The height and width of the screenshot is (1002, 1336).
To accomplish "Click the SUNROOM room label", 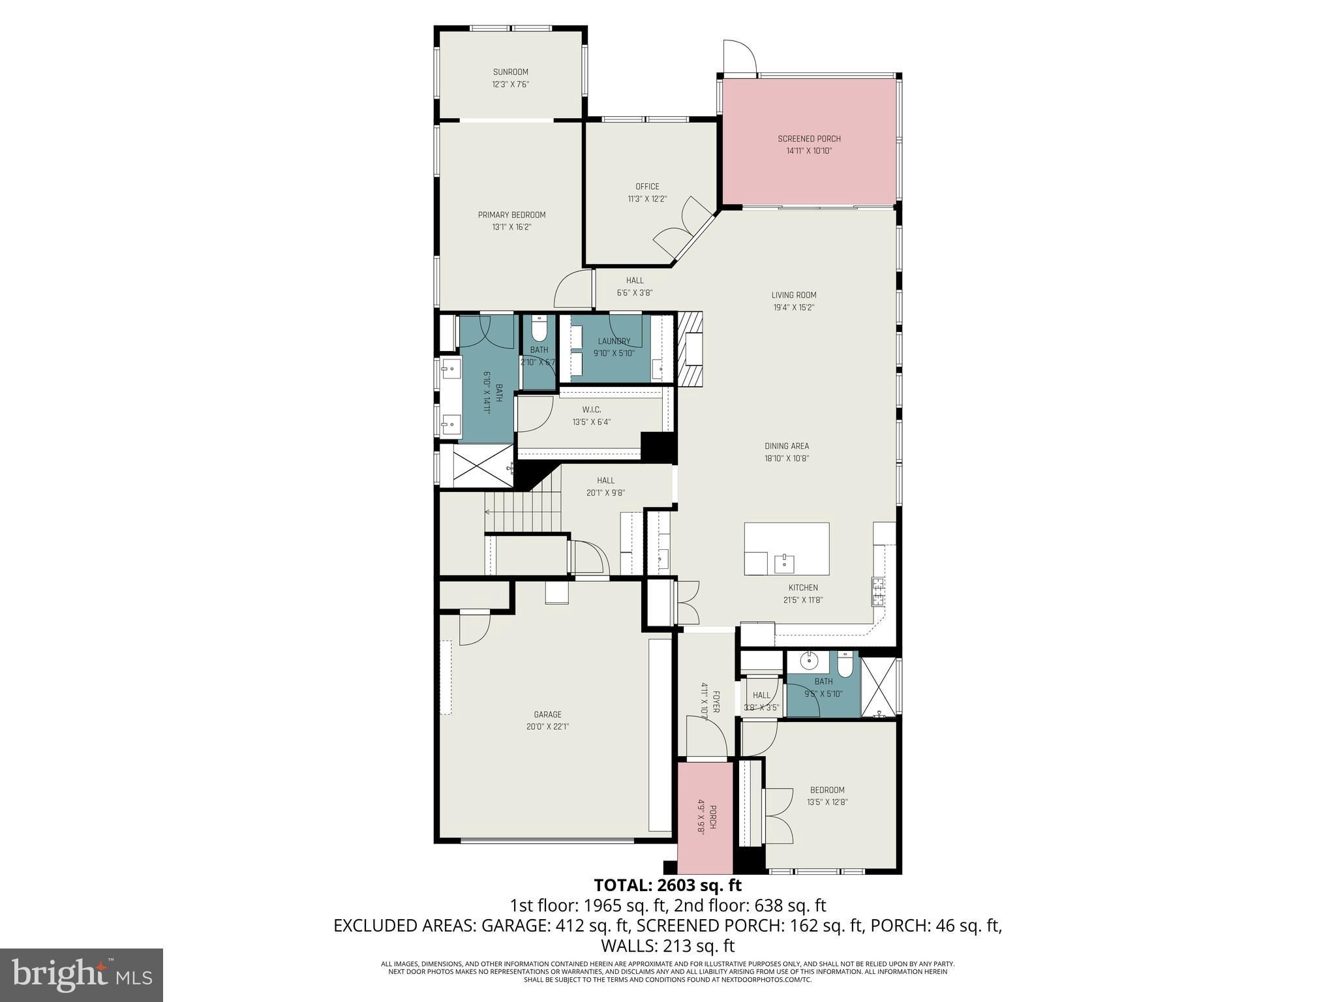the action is pos(510,72).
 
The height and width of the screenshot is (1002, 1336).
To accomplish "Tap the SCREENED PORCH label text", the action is pos(809,138).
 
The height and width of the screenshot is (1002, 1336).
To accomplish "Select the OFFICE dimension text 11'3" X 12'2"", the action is pos(647,199).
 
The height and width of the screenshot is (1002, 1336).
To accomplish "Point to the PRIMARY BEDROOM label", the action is pos(511,215).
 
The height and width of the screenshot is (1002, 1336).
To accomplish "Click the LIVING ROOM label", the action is pos(794,295).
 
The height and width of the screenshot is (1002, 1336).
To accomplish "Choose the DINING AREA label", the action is pos(787,446).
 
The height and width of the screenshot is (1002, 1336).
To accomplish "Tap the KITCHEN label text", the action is pos(803,588).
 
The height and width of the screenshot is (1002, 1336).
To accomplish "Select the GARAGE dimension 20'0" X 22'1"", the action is pos(547,727).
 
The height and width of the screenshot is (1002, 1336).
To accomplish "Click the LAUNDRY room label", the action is pos(614,341).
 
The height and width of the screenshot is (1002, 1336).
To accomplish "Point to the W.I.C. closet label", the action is pos(592,410).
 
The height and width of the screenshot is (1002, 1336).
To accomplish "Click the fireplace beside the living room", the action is pos(691,349).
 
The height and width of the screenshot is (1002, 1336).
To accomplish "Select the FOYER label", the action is pos(716,702).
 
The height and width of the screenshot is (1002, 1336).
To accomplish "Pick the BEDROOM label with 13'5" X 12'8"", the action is pos(827,790).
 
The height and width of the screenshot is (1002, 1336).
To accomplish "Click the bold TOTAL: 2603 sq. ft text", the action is pos(668,885).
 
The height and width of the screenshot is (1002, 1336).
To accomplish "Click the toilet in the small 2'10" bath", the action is pos(539,329).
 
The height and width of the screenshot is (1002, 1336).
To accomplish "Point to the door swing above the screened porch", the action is pos(740,56).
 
